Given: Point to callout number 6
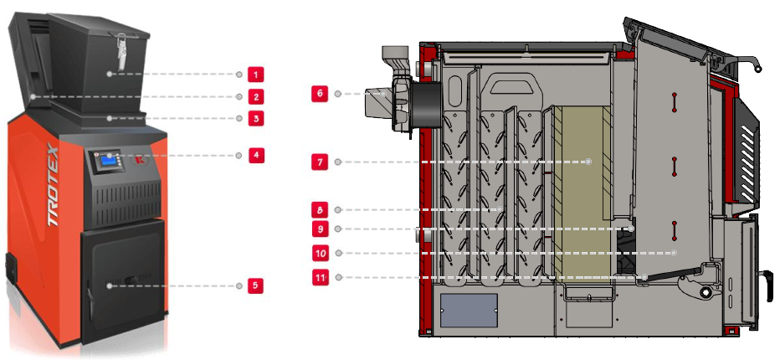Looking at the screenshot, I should pos(319,94).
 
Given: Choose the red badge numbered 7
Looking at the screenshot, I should pos(319,162).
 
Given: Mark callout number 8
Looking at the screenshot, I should pos(319,209).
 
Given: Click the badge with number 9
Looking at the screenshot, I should pos(319,229).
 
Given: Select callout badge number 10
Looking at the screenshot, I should pos(319,252).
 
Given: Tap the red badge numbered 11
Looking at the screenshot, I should pos(319,276).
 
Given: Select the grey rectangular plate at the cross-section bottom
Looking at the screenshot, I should pos(468,310).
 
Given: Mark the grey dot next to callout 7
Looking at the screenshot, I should pos(337,162).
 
